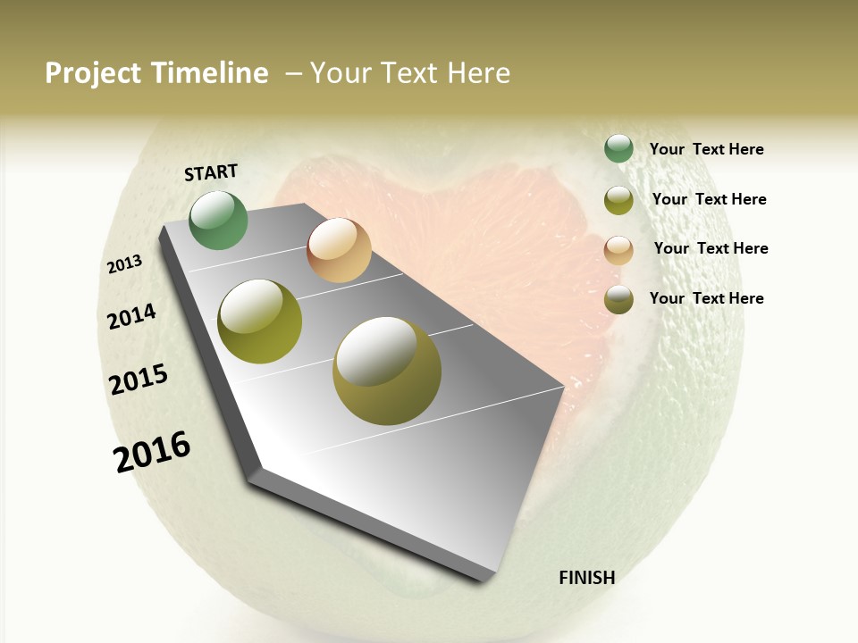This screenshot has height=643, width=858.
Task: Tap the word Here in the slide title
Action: click(478, 73)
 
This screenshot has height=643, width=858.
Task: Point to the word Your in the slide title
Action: click(339, 73)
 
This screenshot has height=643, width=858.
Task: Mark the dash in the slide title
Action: click(292, 73)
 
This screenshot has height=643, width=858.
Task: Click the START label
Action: click(211, 172)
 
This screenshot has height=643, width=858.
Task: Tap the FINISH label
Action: click(586, 578)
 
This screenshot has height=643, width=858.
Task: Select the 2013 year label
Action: click(125, 264)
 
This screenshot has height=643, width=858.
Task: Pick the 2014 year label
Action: click(132, 316)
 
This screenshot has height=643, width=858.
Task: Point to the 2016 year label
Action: click(152, 452)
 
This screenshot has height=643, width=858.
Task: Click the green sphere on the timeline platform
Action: click(218, 220)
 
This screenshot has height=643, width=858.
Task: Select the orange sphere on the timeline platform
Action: click(339, 250)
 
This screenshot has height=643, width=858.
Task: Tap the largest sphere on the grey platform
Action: click(387, 370)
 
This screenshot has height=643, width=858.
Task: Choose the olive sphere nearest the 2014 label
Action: click(260, 321)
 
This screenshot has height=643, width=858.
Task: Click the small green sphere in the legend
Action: click(618, 149)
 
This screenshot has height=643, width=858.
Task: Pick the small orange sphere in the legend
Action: click(618, 250)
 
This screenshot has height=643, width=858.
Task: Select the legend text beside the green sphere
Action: click(706, 149)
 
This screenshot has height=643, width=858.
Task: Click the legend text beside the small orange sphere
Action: click(711, 248)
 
